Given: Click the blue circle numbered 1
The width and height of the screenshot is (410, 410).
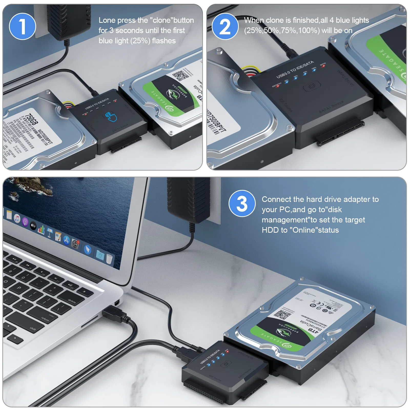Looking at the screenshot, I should coord(22,26).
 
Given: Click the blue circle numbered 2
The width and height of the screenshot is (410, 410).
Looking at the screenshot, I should coord(225,26).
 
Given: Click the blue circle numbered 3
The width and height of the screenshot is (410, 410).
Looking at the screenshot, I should coord(242,203).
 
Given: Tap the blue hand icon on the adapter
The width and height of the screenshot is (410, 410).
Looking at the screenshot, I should coord(111,117).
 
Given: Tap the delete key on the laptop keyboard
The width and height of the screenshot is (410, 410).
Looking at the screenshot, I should coord(72,301).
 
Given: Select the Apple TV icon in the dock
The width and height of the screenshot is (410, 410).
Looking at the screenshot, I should coord(33,226).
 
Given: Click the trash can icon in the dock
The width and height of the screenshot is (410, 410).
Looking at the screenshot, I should coord(109,259).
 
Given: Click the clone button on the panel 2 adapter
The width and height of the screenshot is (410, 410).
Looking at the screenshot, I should coord(312,87).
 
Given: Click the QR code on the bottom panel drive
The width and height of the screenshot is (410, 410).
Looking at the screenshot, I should coord(283,315).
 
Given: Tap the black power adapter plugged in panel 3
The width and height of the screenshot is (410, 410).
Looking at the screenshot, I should coord(188,200).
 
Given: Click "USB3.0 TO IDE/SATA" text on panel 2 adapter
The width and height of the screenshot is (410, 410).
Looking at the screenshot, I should coord(295,69).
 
